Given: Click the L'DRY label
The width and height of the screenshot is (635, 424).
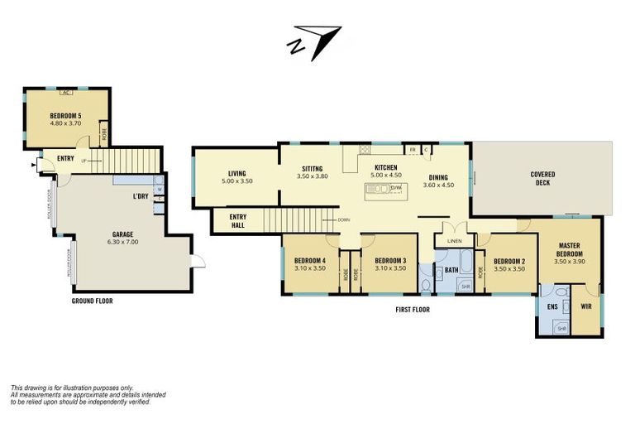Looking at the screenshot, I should [x=140, y=196].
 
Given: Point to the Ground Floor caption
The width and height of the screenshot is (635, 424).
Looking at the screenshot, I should [x=92, y=301].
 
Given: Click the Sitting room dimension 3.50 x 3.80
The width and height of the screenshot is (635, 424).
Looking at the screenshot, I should [x=313, y=176].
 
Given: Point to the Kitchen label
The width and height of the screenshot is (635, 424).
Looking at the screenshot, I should [x=386, y=167].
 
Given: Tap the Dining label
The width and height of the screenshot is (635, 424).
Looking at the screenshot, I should [x=438, y=177].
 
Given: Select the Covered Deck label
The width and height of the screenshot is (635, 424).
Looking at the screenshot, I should [x=542, y=178].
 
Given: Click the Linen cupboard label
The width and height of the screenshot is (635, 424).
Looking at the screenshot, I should [x=453, y=241].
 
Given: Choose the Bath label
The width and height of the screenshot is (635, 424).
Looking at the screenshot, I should [x=451, y=270].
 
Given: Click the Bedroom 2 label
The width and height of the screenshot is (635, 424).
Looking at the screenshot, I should [x=509, y=260].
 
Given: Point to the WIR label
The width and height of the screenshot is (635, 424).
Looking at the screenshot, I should [x=586, y=306].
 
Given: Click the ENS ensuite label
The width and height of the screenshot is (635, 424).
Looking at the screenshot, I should [x=552, y=306].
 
